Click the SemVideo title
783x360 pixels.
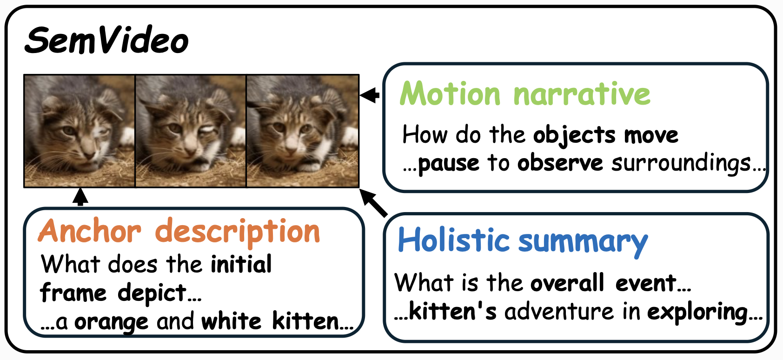click(x=107, y=40)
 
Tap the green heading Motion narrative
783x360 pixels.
click(x=524, y=93)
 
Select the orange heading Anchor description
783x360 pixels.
click(x=179, y=231)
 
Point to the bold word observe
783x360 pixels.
click(x=560, y=163)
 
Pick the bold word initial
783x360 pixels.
click(x=241, y=264)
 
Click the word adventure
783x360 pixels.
click(x=559, y=312)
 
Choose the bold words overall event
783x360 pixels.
click(x=604, y=283)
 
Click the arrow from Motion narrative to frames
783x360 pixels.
click(x=370, y=95)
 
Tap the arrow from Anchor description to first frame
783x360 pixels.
click(x=80, y=197)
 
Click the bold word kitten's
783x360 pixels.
click(x=452, y=311)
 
